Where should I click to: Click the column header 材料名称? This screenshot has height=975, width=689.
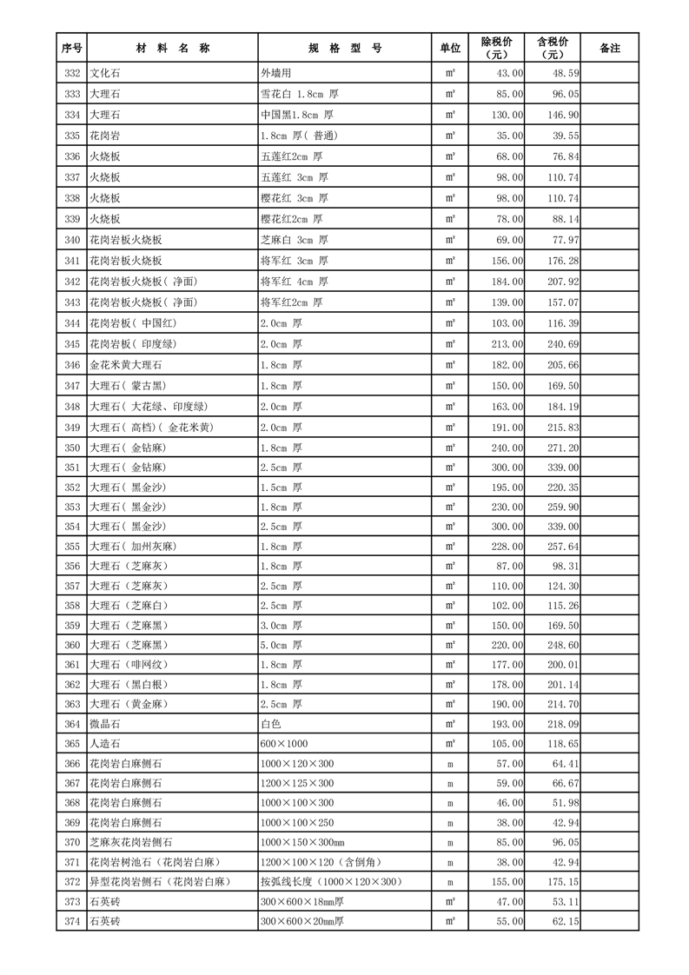click(x=172, y=48)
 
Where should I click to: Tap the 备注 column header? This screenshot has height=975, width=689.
click(x=610, y=48)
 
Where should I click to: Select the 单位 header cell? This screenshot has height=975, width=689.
click(x=450, y=48)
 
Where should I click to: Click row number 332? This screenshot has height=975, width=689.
click(x=72, y=74)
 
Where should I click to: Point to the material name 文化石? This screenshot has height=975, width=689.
click(x=105, y=74)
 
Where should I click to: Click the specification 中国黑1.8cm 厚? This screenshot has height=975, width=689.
click(x=296, y=115)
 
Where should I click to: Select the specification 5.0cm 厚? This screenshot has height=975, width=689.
click(x=282, y=645)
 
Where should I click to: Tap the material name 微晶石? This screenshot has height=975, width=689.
click(x=105, y=724)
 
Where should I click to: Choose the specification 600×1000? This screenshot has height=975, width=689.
click(x=284, y=744)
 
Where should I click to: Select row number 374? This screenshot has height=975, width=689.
click(x=72, y=920)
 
